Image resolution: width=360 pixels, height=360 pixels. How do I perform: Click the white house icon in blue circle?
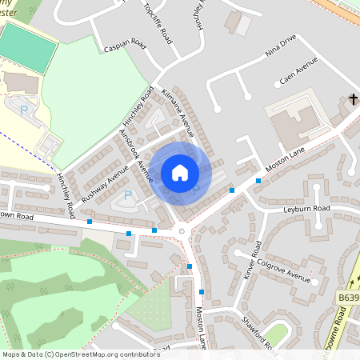point(180,173)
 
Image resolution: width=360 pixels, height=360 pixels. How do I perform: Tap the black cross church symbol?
point(353,99)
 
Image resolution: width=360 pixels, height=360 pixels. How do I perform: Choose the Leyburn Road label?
point(306,209)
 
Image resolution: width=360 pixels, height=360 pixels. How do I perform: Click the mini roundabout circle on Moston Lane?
point(182,232)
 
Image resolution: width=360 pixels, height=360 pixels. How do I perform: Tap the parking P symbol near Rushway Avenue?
point(126,194)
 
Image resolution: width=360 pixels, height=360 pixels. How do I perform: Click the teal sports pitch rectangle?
point(29,46)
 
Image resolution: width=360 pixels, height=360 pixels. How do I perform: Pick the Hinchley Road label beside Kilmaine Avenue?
point(140,111)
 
